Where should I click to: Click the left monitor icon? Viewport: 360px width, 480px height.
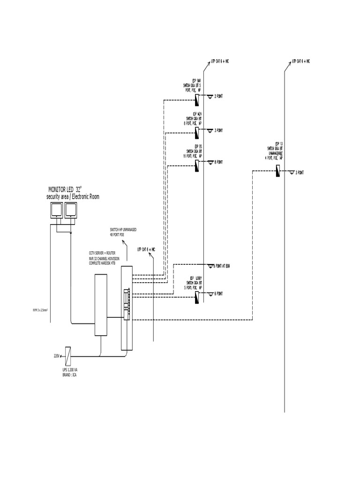(x=56, y=211)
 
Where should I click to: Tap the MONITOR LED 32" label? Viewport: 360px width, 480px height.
(x=65, y=189)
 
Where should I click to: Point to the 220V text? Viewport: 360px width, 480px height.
(x=57, y=357)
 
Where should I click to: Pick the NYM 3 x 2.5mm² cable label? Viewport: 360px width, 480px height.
(x=41, y=310)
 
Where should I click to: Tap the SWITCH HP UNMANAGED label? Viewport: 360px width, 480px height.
(x=124, y=229)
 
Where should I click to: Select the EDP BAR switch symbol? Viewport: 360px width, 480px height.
(x=197, y=99)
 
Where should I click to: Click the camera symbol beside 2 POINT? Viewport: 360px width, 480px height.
(x=210, y=96)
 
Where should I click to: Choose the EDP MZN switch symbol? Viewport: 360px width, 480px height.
(x=197, y=133)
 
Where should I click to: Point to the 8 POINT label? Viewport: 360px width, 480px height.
(x=218, y=162)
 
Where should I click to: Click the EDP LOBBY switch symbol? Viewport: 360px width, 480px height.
(x=197, y=297)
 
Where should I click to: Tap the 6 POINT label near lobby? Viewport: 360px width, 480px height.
(x=218, y=293)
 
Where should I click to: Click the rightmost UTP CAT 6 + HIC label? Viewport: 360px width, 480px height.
(x=301, y=61)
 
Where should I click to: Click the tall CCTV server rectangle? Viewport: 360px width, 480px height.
(x=101, y=305)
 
